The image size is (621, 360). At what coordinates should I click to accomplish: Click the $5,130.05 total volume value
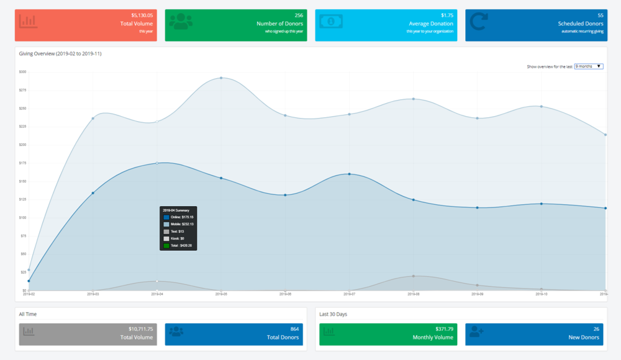142,14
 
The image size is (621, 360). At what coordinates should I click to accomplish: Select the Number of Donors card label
279,24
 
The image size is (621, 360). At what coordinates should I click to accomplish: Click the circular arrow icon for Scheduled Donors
479,22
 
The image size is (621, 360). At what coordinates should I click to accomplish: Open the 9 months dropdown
589,66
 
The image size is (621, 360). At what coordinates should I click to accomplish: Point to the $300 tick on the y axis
22,72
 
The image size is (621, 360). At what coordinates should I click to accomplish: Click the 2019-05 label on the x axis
222,294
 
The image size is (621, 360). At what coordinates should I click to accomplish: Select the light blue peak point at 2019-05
221,78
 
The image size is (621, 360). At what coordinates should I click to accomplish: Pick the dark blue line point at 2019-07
350,174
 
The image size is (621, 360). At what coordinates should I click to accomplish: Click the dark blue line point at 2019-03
93,193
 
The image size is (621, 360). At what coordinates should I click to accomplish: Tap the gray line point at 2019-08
414,276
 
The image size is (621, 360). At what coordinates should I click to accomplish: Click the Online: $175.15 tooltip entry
181,217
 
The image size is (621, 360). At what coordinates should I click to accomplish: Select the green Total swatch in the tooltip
166,246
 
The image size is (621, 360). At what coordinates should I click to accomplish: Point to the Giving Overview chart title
60,53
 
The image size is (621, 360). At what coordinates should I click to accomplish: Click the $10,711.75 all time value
140,328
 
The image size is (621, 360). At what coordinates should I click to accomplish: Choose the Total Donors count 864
295,328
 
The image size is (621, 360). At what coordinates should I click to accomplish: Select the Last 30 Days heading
333,314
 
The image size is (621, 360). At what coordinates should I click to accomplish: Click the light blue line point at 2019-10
542,106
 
